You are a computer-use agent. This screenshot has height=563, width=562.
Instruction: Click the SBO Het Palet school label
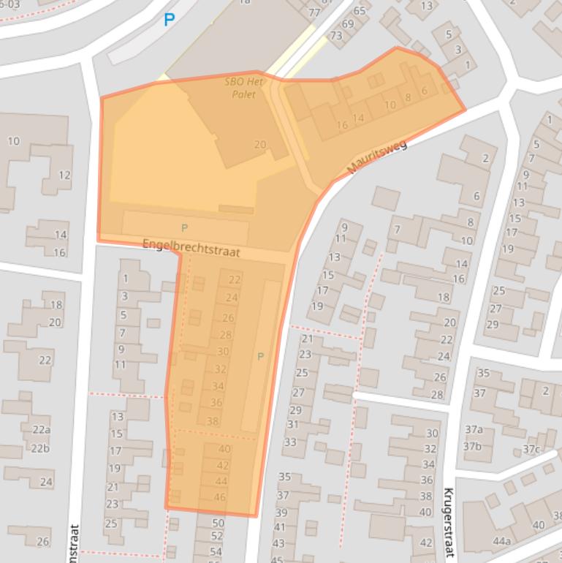click(x=243, y=88)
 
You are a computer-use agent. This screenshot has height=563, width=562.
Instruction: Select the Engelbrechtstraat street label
click(x=191, y=248)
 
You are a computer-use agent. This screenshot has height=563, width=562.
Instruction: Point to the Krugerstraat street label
click(x=448, y=524)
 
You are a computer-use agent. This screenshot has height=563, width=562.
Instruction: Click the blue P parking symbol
click(x=170, y=20)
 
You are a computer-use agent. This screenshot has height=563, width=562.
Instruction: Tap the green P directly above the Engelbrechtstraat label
click(x=184, y=229)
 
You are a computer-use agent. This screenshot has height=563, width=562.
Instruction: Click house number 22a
click(x=41, y=430)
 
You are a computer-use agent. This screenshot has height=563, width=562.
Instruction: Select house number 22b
click(x=41, y=448)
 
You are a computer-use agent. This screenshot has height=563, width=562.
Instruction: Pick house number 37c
click(x=531, y=449)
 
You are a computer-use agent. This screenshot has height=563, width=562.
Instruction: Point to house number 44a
click(x=501, y=541)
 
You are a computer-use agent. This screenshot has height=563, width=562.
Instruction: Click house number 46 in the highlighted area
click(x=219, y=497)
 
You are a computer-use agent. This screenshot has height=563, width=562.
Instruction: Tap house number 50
click(x=217, y=523)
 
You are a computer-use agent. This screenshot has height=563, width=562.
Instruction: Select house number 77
click(x=314, y=12)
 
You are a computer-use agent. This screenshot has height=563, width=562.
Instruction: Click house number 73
click(x=336, y=36)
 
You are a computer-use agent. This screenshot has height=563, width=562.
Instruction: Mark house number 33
click(x=290, y=442)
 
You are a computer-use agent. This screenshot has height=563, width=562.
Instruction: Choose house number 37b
click(x=472, y=447)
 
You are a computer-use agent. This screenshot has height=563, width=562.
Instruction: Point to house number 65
click(x=359, y=11)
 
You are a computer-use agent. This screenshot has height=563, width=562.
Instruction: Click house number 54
click(x=216, y=551)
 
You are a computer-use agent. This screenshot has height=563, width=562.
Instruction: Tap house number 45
click(x=277, y=559)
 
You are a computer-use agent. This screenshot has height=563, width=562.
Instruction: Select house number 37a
click(x=474, y=429)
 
